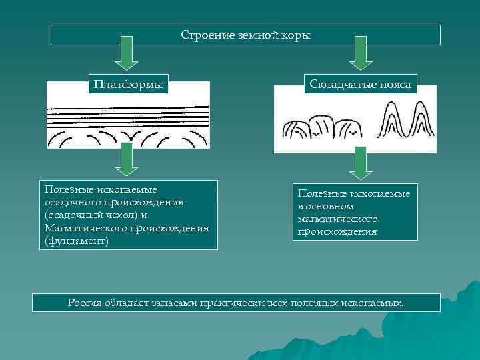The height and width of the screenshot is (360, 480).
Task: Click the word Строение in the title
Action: click(202, 35)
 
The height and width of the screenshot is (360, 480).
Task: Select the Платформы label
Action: click(129, 85)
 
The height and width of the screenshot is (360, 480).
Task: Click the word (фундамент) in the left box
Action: click(76, 240)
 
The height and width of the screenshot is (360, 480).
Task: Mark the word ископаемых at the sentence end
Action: click(378, 303)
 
